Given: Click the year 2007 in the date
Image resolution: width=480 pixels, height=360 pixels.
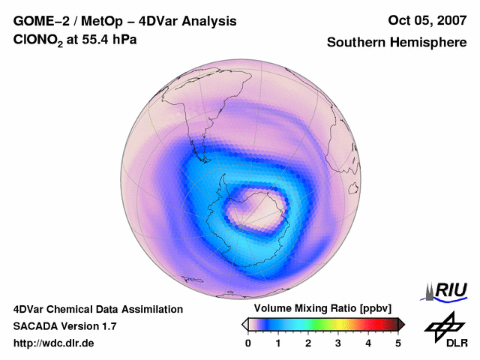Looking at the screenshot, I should [448, 21].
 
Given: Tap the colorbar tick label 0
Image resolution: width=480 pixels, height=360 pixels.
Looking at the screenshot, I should [248, 343].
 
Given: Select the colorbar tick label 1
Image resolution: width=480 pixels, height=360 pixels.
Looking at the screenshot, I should [278, 343].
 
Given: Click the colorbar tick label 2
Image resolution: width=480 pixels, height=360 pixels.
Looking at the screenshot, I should [308, 343].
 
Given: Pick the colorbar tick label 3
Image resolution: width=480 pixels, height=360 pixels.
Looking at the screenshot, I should [338, 343].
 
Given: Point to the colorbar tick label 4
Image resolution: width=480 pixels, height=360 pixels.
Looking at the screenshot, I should [368, 343].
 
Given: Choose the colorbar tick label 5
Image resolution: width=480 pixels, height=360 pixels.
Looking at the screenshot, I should [398, 343].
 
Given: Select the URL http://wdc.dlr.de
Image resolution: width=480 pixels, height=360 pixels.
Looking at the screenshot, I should [54, 343].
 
